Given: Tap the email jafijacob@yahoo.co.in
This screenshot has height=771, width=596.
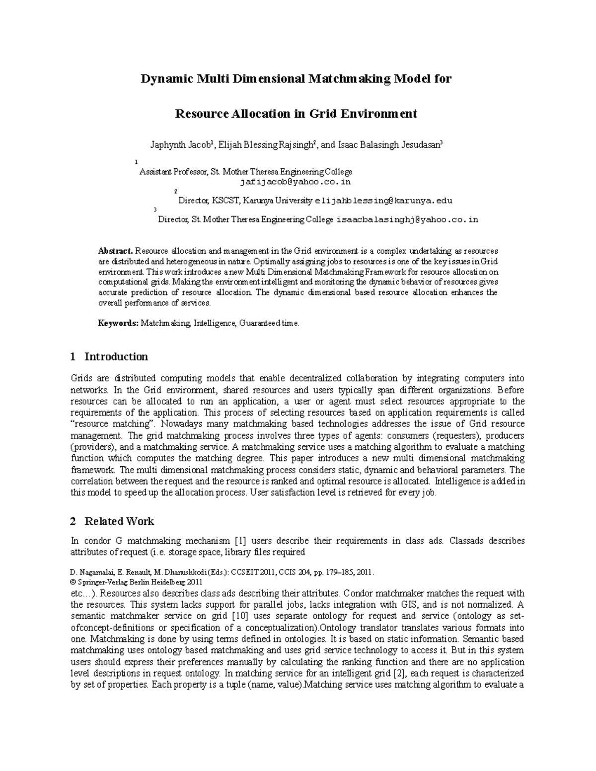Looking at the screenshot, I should tap(296, 182).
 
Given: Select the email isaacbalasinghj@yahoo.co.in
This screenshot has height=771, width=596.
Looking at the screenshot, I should tap(407, 219).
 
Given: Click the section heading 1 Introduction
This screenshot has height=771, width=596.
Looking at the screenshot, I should tap(109, 356).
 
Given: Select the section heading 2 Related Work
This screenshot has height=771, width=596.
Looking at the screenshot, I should tap(112, 521).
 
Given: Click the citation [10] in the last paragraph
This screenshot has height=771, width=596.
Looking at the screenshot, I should tap(237, 616).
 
